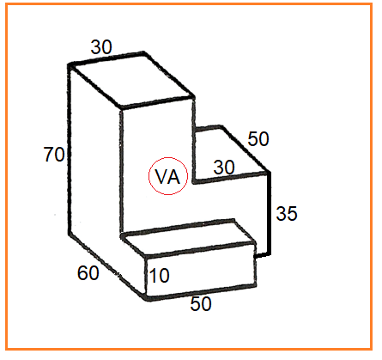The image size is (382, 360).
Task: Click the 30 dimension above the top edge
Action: point(101,47)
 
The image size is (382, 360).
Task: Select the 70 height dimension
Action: point(54,155)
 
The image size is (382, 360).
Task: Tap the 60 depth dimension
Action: point(88,272)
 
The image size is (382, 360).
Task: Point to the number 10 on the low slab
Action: point(160,276)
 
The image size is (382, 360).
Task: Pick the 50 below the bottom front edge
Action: point(201,304)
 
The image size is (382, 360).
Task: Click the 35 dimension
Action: point(287,213)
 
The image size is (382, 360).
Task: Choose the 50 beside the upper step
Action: point(258,139)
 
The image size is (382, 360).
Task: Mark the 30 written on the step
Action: point(224,168)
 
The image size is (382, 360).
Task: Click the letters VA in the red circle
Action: point(167,177)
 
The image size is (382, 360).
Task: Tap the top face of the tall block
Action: point(131,80)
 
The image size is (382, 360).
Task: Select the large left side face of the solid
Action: point(95,172)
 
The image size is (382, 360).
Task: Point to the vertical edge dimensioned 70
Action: point(70,149)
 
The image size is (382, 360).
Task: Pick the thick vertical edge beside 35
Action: point(269,213)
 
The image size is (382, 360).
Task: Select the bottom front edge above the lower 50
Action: point(201,292)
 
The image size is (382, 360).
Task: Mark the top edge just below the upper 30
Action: point(106,59)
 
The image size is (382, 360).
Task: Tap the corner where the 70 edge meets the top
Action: point(70,65)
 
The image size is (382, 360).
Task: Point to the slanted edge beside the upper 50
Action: point(245,149)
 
